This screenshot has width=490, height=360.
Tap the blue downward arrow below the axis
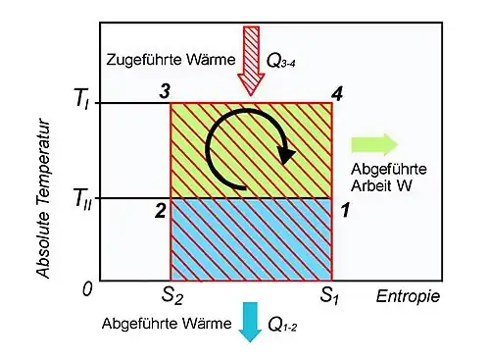(251, 322)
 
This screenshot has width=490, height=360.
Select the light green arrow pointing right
(374, 144)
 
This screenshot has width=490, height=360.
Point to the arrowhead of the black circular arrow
(286, 155)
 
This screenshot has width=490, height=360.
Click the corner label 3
(165, 91)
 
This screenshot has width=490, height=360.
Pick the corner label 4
(337, 94)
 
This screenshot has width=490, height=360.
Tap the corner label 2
(161, 211)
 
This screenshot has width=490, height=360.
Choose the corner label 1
(345, 210)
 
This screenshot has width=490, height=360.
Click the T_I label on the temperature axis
(81, 99)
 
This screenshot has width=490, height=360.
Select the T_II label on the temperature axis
(83, 199)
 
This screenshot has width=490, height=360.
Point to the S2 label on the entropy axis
(172, 296)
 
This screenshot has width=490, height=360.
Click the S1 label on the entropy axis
(329, 296)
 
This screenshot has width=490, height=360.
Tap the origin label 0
(87, 289)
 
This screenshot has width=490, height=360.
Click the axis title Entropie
(408, 297)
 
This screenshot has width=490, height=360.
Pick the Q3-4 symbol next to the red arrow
(281, 61)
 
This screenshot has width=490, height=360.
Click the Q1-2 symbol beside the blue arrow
(282, 325)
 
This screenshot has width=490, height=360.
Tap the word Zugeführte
(140, 60)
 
